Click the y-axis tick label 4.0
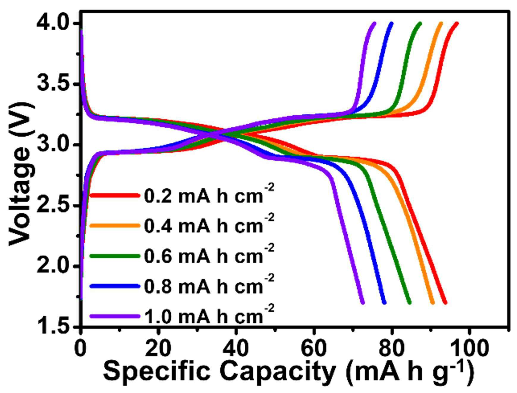coord(55,23)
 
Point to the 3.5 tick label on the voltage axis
coord(55,84)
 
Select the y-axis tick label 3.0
coord(55,145)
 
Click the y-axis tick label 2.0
coord(55,266)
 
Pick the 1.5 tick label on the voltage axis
coord(55,326)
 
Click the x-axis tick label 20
coord(158,348)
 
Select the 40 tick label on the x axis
coord(236,348)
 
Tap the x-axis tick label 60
coord(314,348)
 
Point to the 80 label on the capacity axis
coord(392,348)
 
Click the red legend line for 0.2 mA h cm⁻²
coord(115,195)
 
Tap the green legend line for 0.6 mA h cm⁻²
coord(115,256)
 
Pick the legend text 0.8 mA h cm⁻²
coord(209,284)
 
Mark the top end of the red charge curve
coord(457,23)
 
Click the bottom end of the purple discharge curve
coord(363,303)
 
